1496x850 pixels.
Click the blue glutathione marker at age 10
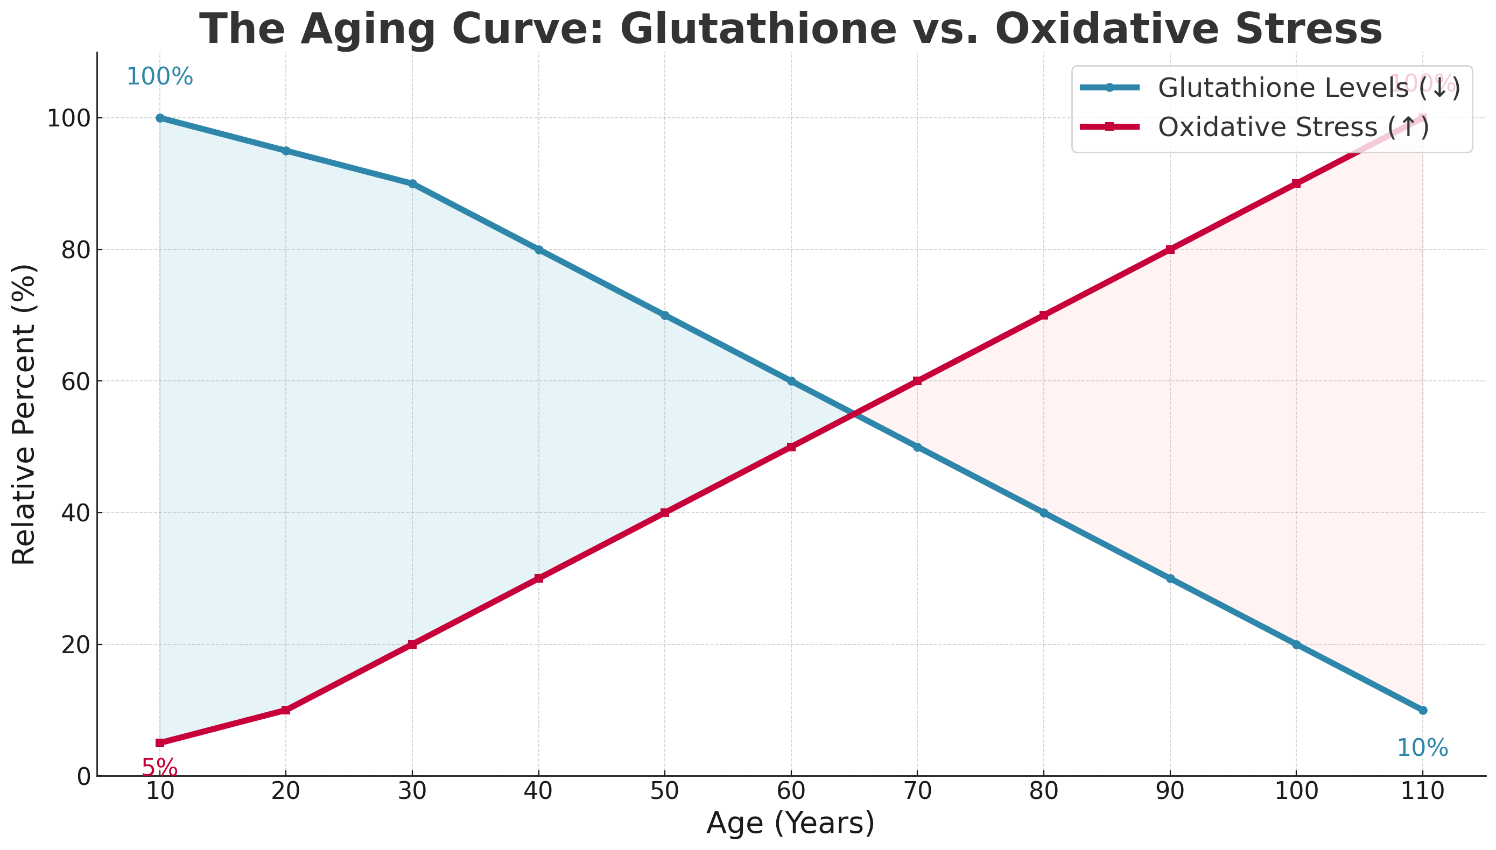[x=160, y=118]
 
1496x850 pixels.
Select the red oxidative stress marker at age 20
[x=286, y=710]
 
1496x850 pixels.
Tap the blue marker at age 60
[x=791, y=381]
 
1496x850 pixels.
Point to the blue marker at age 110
[x=1423, y=710]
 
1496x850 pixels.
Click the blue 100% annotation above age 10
[x=159, y=76]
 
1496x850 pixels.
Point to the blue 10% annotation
[x=1422, y=748]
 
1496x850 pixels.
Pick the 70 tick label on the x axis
[x=917, y=791]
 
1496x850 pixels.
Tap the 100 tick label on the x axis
[x=1296, y=791]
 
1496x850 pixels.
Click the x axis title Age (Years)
[x=790, y=824]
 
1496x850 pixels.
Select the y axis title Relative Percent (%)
[x=25, y=414]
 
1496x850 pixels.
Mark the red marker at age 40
[x=538, y=578]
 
